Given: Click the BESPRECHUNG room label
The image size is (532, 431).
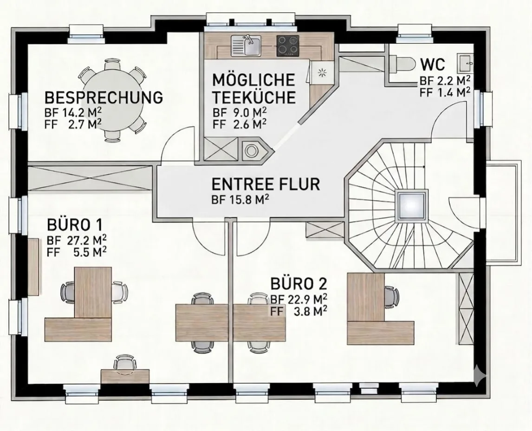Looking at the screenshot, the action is click(104, 98).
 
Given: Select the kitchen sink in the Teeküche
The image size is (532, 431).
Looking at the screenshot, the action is click(246, 46).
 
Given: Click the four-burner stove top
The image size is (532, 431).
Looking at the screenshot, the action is click(288, 46).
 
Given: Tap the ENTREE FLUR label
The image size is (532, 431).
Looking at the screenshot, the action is click(266, 184).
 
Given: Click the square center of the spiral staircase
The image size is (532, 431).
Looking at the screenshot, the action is click(411, 205).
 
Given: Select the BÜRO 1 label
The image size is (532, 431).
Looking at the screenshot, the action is click(75, 225).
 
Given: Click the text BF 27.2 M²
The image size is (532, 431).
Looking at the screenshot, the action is click(77, 240).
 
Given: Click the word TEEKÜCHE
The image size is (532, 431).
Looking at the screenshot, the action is click(254, 97).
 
